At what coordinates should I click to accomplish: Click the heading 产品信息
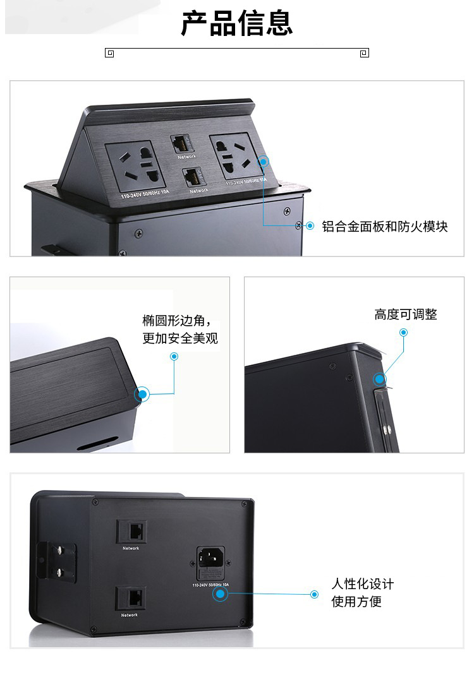(x=237, y=23)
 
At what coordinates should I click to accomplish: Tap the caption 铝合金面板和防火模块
(x=385, y=226)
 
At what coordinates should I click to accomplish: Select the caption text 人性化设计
(x=363, y=583)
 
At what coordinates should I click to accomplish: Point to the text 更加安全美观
(x=180, y=338)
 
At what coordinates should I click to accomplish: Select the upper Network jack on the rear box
(x=131, y=532)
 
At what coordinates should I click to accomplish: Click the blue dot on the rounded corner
(x=143, y=395)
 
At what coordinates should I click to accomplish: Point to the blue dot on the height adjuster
(x=380, y=379)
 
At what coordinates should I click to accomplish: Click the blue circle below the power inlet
(x=219, y=594)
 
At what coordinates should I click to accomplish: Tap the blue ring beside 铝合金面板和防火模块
(x=310, y=226)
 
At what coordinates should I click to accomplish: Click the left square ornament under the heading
(x=109, y=53)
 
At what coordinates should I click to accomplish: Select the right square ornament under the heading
(x=364, y=53)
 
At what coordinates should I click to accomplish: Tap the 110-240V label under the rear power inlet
(x=211, y=585)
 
